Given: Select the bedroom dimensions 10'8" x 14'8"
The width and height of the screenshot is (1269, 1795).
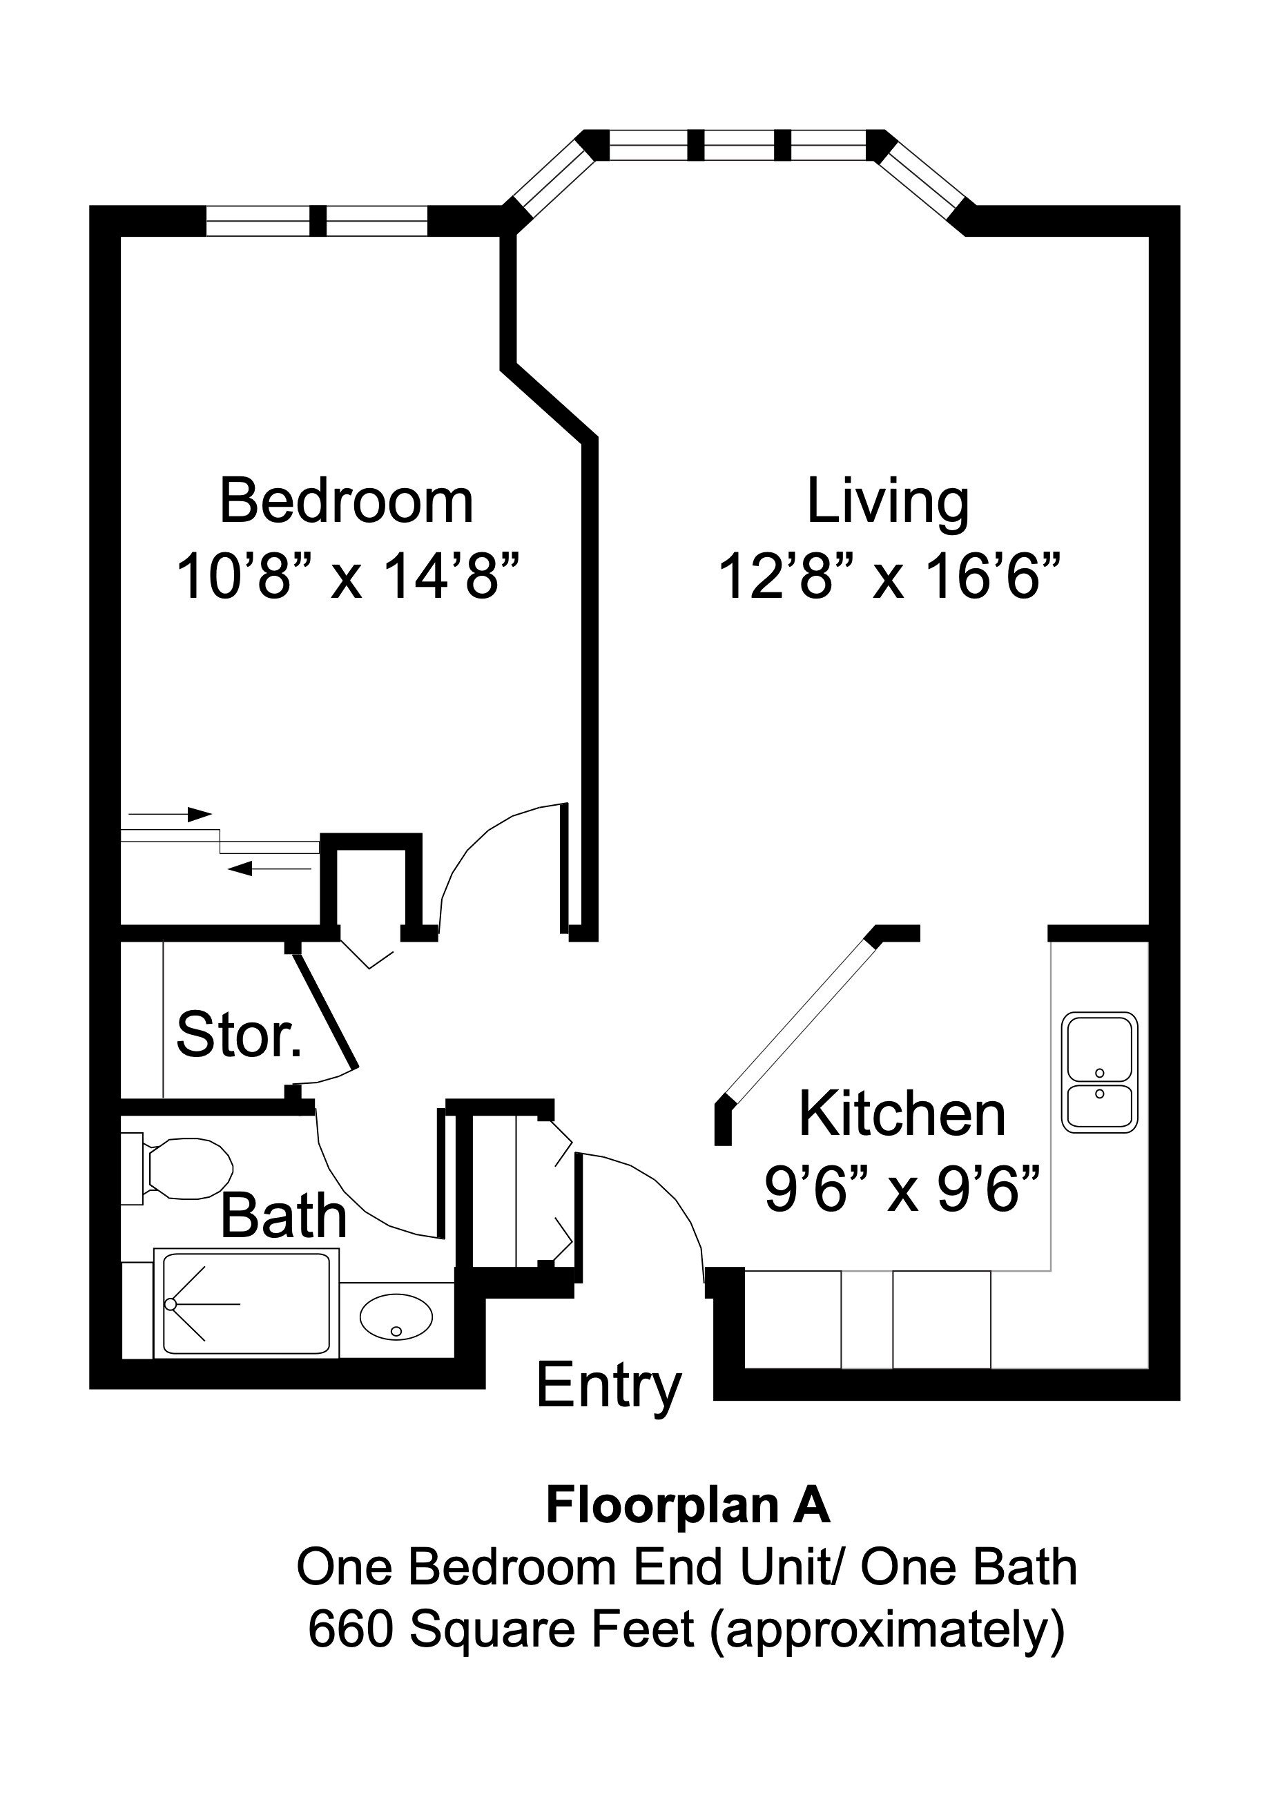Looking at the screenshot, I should click(348, 577).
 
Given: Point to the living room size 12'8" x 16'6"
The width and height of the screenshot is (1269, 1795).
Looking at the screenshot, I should click(889, 577).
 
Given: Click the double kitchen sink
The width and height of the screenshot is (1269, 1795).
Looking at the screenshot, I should click(1098, 1073).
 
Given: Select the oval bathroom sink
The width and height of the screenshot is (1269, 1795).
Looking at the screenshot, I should click(396, 1317).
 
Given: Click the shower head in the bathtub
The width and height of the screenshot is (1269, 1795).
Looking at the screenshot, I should click(171, 1304).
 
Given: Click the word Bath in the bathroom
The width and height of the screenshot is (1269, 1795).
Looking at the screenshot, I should click(283, 1216).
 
